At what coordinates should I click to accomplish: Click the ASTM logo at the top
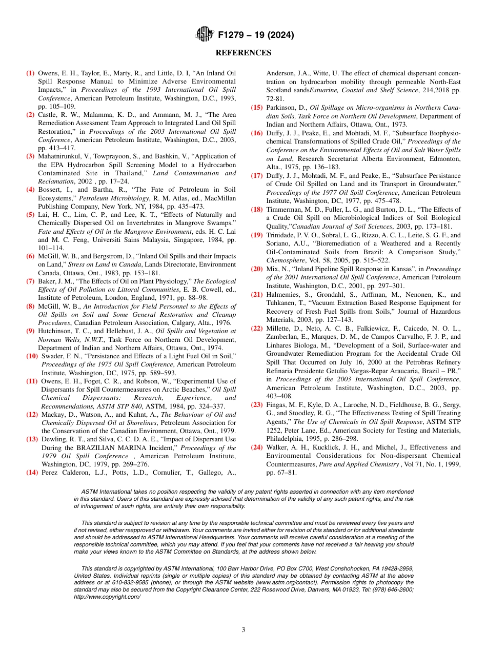click(x=205, y=35)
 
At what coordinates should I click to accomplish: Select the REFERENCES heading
click(x=243, y=53)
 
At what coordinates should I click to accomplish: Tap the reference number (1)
click(x=31, y=73)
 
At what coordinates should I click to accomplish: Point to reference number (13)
click(x=32, y=439)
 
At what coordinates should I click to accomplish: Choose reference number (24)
click(x=257, y=447)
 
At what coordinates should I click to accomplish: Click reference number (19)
click(x=257, y=235)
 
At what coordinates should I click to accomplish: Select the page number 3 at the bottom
click(x=243, y=629)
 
